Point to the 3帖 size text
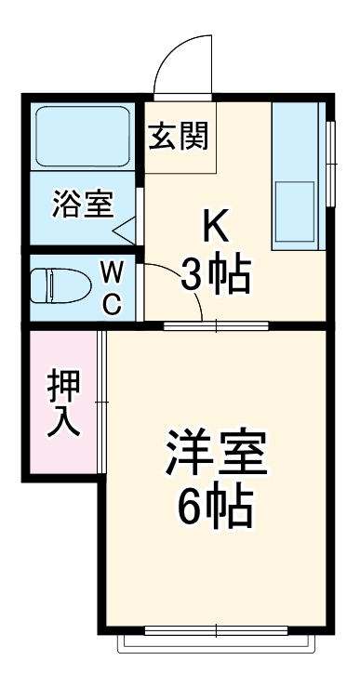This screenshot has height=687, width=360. click(x=217, y=274)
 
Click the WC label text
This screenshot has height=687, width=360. click(x=111, y=287)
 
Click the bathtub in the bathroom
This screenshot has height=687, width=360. click(x=84, y=137)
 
